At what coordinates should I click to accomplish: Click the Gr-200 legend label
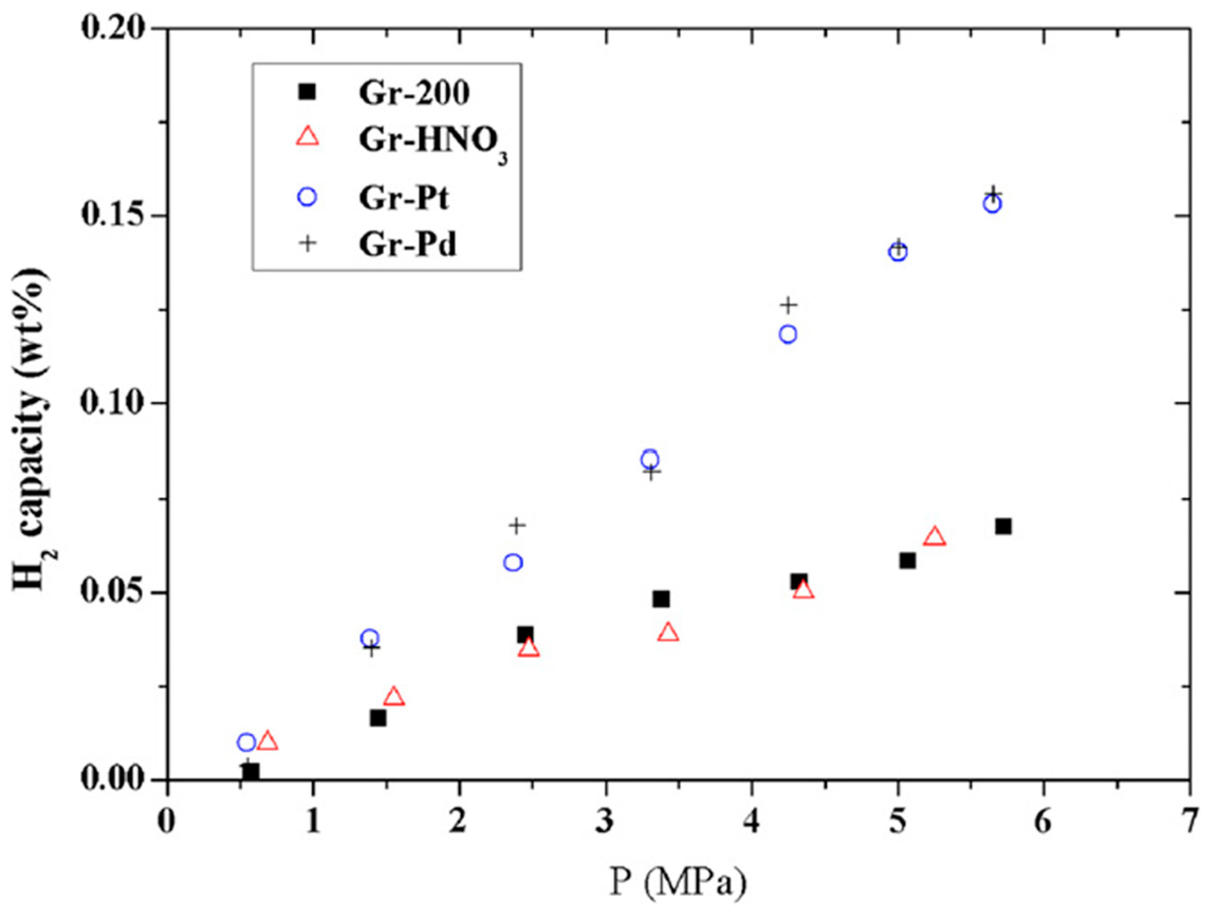(x=414, y=93)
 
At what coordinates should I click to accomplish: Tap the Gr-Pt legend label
(x=404, y=198)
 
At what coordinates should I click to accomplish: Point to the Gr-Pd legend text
(x=408, y=244)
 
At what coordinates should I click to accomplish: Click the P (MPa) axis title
(x=678, y=882)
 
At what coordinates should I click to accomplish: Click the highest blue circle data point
(x=992, y=204)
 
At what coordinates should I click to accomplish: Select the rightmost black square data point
(x=1003, y=527)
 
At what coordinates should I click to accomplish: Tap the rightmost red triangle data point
(x=935, y=537)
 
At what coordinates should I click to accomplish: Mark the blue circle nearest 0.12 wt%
(x=788, y=334)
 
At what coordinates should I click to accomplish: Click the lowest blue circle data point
(x=246, y=742)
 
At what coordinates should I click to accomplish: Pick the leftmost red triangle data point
(x=267, y=741)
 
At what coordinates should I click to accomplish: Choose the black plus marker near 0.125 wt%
(x=788, y=305)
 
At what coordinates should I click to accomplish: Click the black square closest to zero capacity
(x=251, y=772)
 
